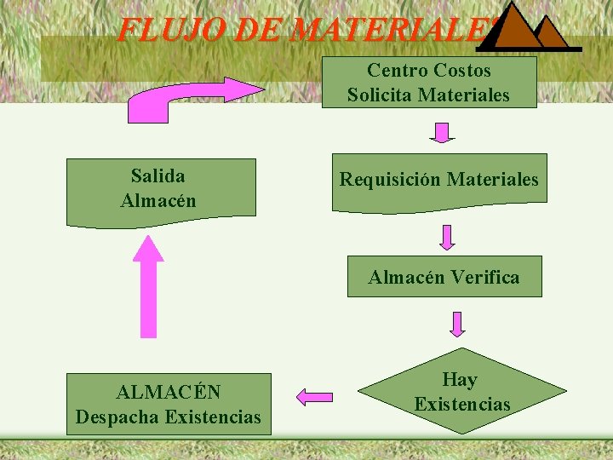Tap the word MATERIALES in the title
pos(392,31)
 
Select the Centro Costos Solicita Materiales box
pos(428,82)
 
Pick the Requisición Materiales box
pos(439,181)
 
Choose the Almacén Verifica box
pos(444,277)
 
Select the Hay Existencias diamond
pos(461,392)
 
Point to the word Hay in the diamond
pos(460,379)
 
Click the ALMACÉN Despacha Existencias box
pos(169,405)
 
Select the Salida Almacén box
pos(160,189)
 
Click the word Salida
pos(158,176)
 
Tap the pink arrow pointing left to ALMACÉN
pos(314,396)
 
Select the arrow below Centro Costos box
pos(441,131)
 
